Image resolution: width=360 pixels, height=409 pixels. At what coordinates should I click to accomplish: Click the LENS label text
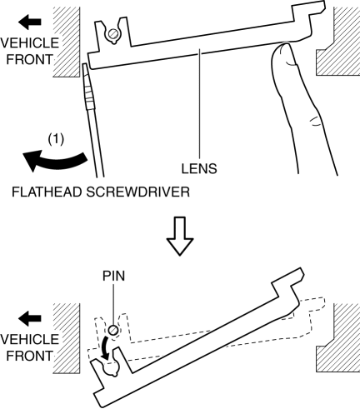coord(199,168)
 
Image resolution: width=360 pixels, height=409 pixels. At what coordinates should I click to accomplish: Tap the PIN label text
coord(113,276)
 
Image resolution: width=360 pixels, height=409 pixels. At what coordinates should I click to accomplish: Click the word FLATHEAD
coord(47,192)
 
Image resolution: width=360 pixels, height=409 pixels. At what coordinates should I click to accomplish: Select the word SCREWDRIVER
coord(138,192)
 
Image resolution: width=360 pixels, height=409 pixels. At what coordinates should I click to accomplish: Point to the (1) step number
coord(56,139)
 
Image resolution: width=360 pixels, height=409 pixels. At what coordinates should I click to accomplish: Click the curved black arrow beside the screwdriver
coord(56,161)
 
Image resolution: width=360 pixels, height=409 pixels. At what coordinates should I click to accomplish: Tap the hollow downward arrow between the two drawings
coord(180,236)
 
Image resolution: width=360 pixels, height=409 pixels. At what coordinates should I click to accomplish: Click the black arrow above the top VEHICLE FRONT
coord(30,22)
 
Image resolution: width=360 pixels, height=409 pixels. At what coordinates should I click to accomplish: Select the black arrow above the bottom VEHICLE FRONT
coord(30,318)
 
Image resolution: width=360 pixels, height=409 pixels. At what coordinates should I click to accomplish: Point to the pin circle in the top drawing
coord(113,34)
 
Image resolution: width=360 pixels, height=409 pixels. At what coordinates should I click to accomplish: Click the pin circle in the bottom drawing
coord(113,331)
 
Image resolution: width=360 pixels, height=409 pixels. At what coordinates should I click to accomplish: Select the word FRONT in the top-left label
coord(29,59)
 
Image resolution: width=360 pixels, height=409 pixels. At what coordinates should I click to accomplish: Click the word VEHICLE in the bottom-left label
coord(30,339)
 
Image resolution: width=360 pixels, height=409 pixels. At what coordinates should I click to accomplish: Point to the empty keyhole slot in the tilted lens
coord(111,368)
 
